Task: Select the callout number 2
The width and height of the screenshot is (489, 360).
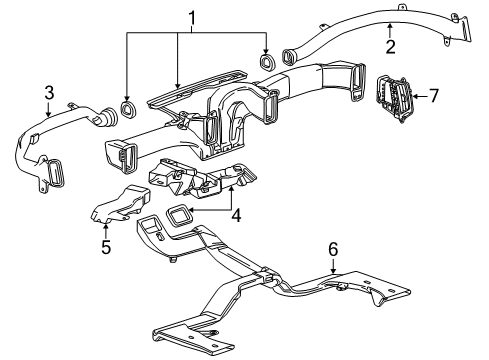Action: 390,45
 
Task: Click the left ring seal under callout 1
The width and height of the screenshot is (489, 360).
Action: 127,107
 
